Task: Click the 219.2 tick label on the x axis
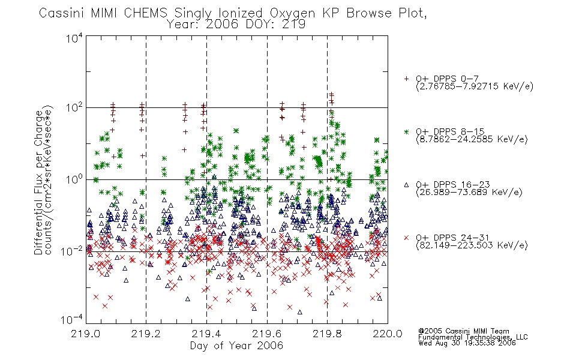click(146, 334)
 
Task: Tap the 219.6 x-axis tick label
click(267, 334)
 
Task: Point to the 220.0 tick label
click(388, 334)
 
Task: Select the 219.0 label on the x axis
click(85, 334)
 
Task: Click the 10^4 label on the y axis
click(74, 38)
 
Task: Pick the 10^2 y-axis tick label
click(74, 107)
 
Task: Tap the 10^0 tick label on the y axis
click(74, 179)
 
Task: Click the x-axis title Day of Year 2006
click(236, 346)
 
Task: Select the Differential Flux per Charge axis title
click(38, 183)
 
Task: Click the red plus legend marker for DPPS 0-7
click(406, 79)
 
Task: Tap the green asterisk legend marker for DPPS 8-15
click(406, 131)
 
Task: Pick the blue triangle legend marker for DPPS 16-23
click(406, 185)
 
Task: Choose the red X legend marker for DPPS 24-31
click(406, 238)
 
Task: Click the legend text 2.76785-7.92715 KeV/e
click(475, 86)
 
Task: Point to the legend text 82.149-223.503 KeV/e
click(472, 245)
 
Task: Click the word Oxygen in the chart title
click(292, 13)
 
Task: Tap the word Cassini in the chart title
click(62, 13)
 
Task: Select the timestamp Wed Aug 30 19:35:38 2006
click(467, 343)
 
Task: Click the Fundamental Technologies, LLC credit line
click(473, 337)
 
